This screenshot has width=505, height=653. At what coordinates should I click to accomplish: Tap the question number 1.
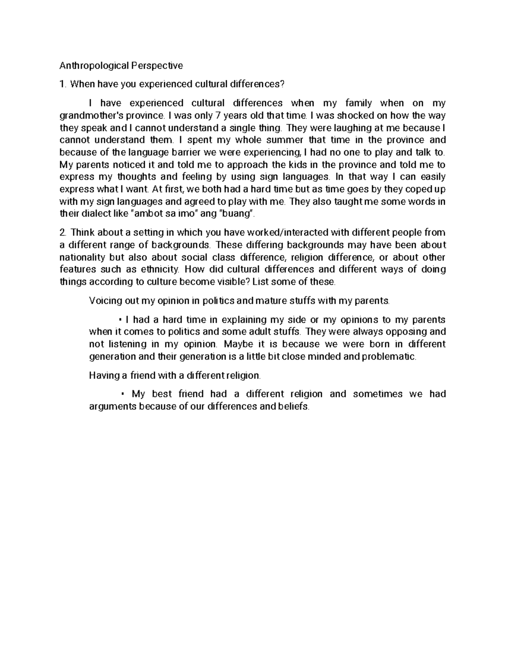(62, 85)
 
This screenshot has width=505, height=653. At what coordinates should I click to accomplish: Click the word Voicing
(103, 301)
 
